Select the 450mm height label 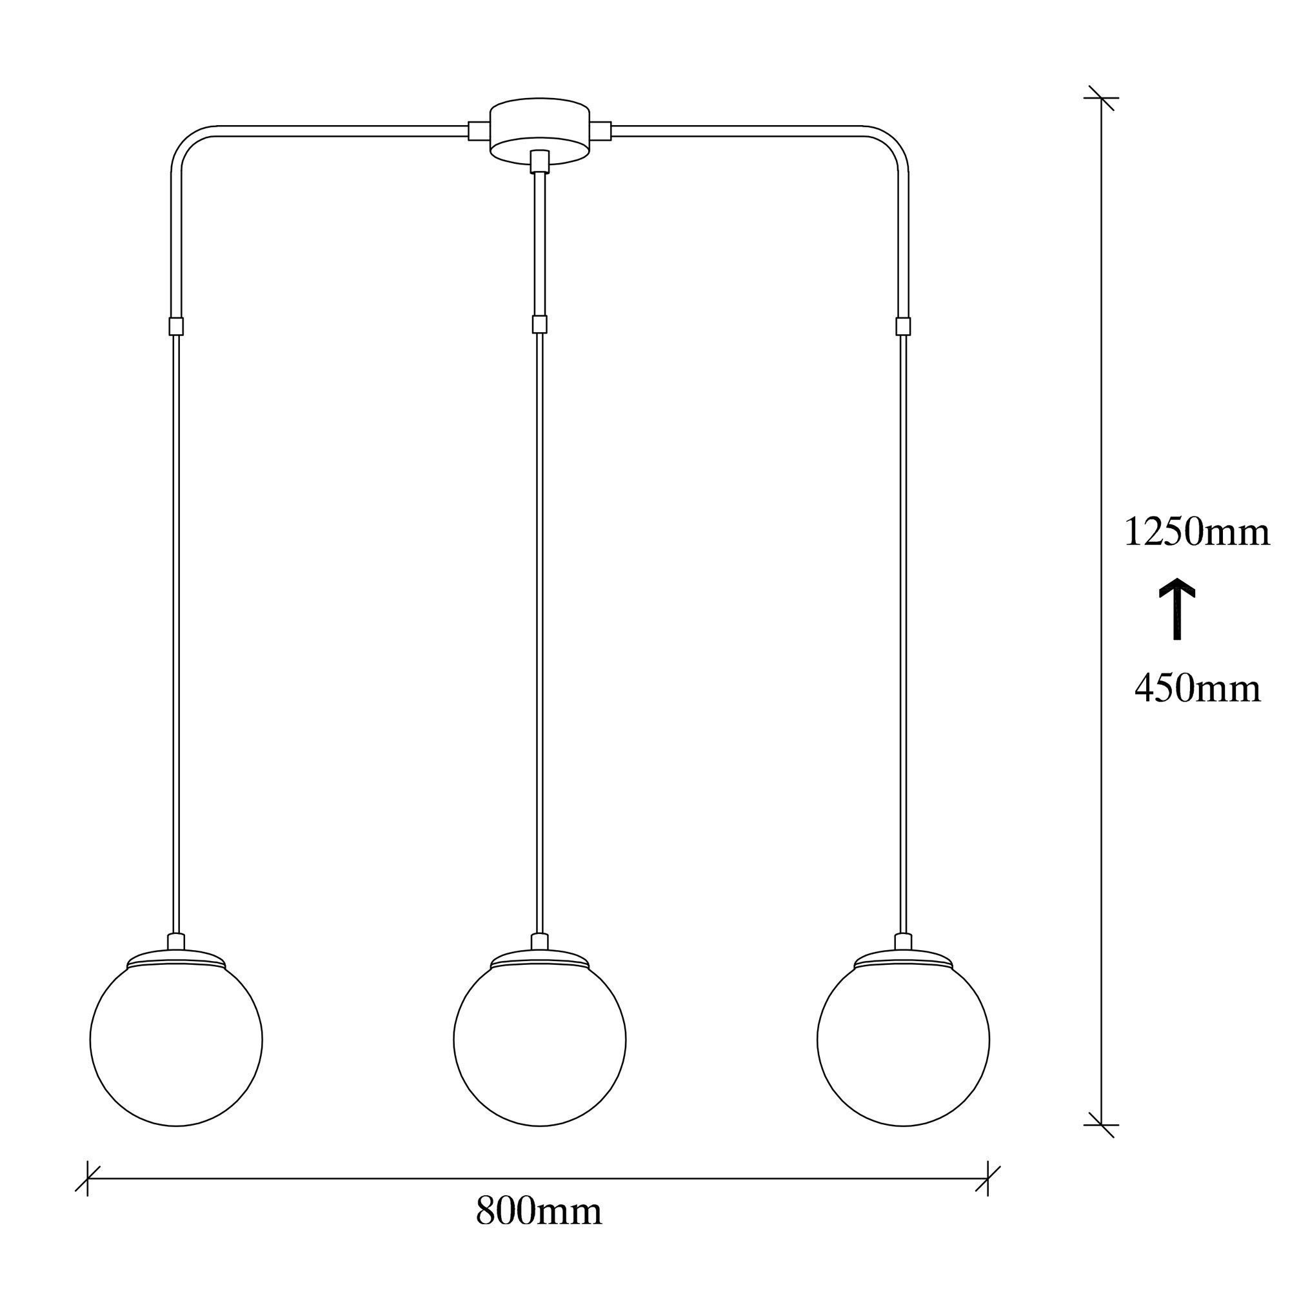coord(1197,688)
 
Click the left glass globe coord(176,1047)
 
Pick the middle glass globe coord(539,1047)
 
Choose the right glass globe coord(904,1047)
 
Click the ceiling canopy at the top coord(540,132)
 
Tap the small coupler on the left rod coord(176,326)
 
